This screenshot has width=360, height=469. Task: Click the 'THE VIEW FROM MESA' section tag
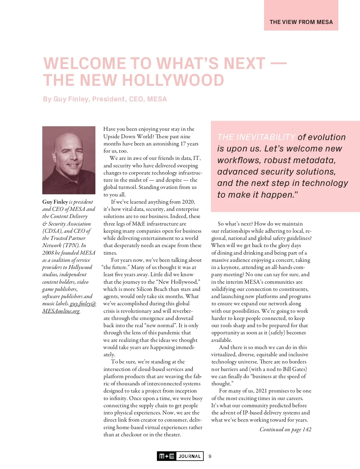coord(301,22)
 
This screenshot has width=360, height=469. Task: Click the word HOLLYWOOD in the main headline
coord(173,80)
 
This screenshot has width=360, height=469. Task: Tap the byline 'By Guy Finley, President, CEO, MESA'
coord(105,99)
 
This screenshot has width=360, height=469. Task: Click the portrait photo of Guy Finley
coord(69,160)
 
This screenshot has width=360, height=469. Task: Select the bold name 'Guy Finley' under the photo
coord(55,202)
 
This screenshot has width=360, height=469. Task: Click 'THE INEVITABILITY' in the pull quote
coord(256,137)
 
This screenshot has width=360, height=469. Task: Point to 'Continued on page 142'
coord(285,429)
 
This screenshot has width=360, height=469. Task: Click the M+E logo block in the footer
coord(167,456)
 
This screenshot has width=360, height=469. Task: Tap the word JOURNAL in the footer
coord(190,456)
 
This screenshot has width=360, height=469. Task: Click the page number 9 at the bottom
coord(210,456)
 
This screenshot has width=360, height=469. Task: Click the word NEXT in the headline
coord(244,64)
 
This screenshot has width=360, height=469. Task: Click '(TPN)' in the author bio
coord(71,245)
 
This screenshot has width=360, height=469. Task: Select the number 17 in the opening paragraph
coord(183,144)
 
